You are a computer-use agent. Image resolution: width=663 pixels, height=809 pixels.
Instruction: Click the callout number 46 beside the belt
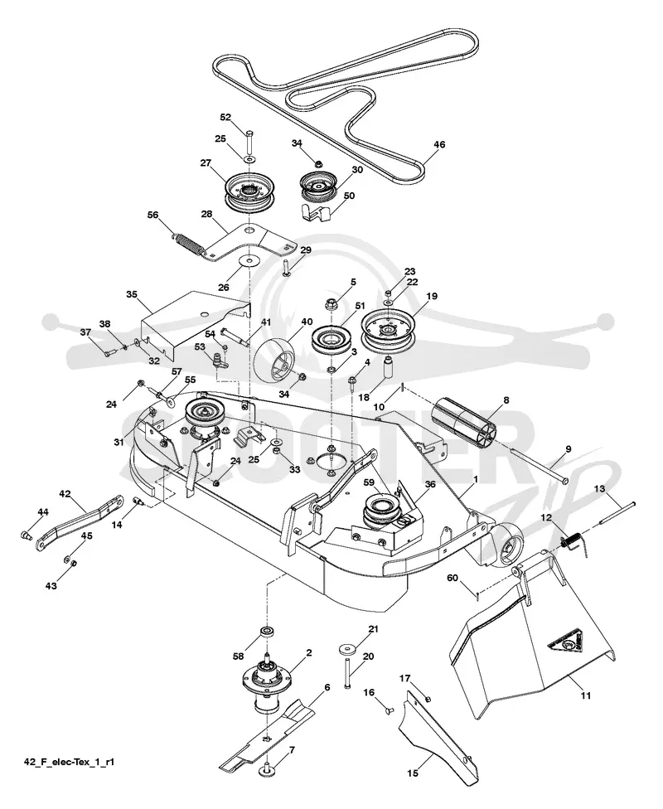point(438,145)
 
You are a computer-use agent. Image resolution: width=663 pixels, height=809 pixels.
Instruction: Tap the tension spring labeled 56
point(188,244)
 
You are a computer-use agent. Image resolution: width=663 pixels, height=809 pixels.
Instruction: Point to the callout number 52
point(225,117)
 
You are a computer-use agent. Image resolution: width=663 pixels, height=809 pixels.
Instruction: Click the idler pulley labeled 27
point(249,192)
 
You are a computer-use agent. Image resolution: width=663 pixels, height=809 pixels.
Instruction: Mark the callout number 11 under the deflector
point(585,695)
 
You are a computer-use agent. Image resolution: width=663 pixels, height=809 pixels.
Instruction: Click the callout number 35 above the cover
point(132,294)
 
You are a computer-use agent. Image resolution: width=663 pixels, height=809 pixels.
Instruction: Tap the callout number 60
point(452,578)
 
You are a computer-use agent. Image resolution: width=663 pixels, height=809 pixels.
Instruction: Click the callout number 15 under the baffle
point(413,773)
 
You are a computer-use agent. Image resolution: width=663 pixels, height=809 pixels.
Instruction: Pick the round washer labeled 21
point(346,648)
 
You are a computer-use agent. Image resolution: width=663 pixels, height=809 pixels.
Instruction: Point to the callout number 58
point(238,656)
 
